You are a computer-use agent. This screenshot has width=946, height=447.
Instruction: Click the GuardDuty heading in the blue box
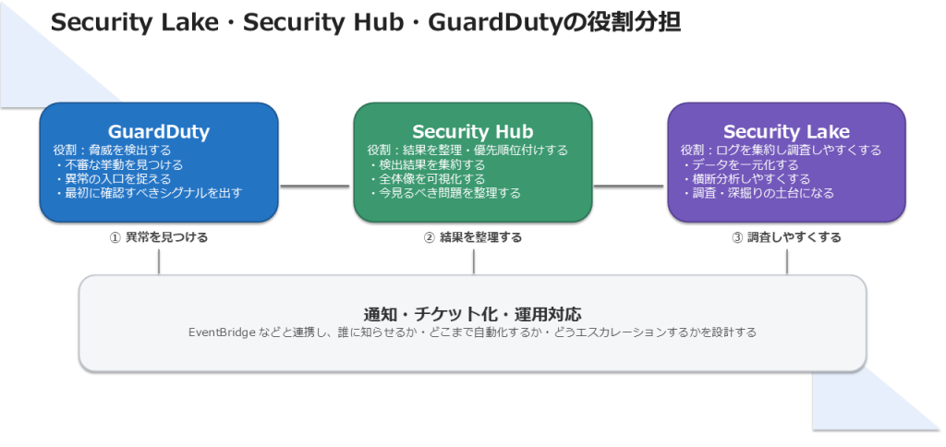(159, 131)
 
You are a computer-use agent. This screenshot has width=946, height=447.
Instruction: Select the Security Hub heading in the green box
(472, 131)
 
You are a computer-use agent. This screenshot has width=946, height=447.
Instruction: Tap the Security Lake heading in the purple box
(786, 131)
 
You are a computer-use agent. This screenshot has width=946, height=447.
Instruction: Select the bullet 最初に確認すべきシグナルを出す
(150, 192)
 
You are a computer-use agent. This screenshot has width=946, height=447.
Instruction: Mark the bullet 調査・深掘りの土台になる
(759, 192)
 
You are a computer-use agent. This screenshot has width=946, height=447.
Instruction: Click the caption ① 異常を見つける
(159, 237)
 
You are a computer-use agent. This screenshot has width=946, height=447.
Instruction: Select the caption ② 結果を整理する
(472, 237)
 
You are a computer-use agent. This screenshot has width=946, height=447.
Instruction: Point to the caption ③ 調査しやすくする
(786, 237)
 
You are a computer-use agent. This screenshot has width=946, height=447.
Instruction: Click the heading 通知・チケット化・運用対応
(472, 313)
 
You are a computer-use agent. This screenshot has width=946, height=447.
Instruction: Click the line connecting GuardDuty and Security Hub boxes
(315, 186)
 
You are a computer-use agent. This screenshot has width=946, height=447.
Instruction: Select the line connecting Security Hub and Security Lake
(629, 186)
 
